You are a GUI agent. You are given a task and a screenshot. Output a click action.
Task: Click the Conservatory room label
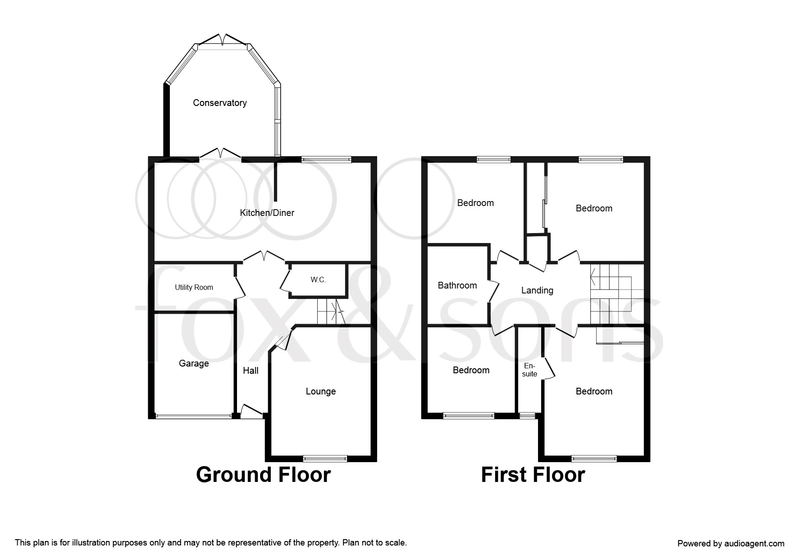(x=219, y=103)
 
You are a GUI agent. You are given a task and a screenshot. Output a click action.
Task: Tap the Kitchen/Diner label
(x=267, y=213)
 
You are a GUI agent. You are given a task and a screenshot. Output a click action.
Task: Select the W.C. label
(x=318, y=280)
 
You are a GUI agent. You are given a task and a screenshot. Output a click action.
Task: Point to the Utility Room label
(x=194, y=287)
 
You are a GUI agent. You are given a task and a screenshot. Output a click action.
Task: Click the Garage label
(x=194, y=363)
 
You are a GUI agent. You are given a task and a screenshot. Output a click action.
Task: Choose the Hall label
(x=251, y=371)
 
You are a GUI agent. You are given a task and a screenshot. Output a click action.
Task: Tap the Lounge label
(x=320, y=391)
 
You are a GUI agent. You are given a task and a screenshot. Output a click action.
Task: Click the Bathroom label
(x=457, y=285)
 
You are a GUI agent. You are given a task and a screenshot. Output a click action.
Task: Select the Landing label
(x=537, y=290)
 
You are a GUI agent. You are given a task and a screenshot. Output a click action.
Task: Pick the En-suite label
(x=530, y=370)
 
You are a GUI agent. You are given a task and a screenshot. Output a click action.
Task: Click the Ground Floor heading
(x=263, y=475)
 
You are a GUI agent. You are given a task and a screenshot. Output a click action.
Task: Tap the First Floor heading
(x=533, y=475)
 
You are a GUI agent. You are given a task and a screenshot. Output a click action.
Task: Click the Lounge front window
(x=325, y=458)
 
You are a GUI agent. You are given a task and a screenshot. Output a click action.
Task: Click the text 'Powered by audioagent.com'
(x=730, y=543)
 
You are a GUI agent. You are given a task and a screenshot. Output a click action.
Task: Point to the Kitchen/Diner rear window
(x=326, y=159)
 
